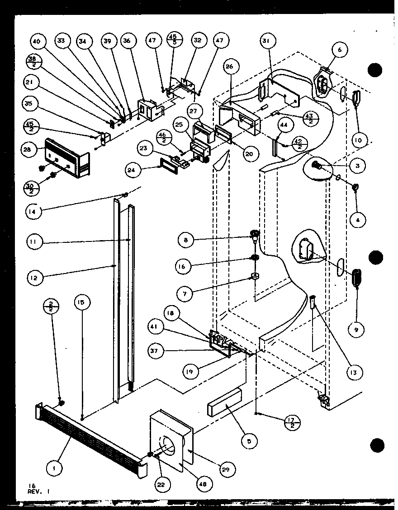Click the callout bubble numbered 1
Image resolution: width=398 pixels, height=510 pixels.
[54, 469]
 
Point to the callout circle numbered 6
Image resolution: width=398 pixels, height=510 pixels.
[340, 51]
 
